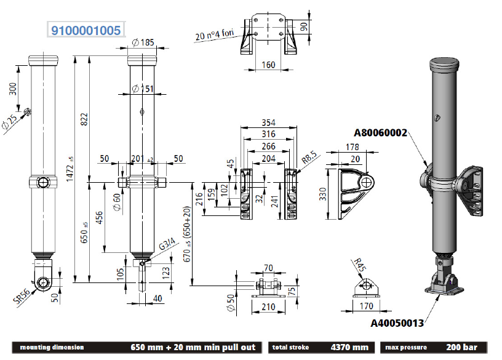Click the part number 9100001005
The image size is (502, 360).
(86, 30)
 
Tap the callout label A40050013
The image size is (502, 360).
(397, 321)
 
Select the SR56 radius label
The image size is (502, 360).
(22, 296)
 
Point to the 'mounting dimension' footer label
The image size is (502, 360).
(52, 348)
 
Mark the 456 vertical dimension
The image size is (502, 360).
(100, 218)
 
